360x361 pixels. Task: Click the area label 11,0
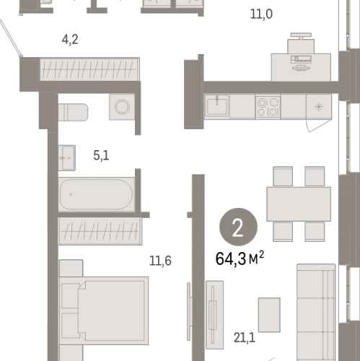click(261, 14)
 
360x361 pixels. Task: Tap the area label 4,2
click(70, 40)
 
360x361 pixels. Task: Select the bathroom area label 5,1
click(101, 155)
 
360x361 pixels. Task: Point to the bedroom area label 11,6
click(160, 261)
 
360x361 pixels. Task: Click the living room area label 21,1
click(245, 338)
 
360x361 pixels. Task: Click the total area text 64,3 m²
click(240, 258)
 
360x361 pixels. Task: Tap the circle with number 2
click(238, 227)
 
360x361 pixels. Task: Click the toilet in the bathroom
click(73, 112)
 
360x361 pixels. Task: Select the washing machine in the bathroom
click(122, 107)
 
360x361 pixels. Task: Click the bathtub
click(97, 194)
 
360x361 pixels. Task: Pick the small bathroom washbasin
click(67, 158)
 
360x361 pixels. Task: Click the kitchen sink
click(216, 106)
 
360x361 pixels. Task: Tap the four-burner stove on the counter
click(268, 107)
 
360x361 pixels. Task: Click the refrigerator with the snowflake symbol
click(319, 106)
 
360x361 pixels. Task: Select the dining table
click(299, 204)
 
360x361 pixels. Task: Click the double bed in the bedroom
click(104, 310)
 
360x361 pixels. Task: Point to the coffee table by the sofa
click(269, 315)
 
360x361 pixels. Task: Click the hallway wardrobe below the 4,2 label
click(89, 69)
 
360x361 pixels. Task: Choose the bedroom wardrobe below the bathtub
click(100, 231)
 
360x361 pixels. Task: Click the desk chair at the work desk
click(301, 43)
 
